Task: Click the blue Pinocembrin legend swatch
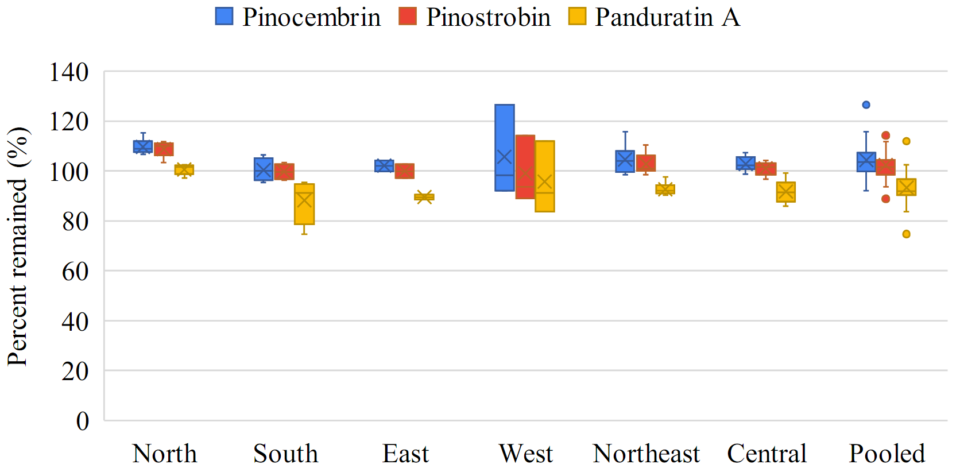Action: click(224, 16)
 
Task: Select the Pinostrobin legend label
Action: click(488, 17)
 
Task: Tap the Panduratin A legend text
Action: click(667, 17)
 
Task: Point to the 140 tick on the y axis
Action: click(69, 72)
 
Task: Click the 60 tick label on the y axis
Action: click(75, 271)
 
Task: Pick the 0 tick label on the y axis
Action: click(83, 421)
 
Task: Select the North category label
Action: click(164, 454)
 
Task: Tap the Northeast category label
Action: click(646, 454)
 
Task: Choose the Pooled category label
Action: click(887, 454)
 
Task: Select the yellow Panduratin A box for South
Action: click(304, 204)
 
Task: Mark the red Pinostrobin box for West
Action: click(525, 167)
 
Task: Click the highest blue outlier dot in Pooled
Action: click(866, 105)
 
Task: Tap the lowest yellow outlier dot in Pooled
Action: click(906, 234)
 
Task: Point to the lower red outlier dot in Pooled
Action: click(886, 199)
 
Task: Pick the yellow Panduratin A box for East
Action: click(424, 197)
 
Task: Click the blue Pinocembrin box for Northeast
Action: click(625, 161)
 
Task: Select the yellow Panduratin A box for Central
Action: click(785, 192)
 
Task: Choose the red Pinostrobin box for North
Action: click(164, 149)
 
